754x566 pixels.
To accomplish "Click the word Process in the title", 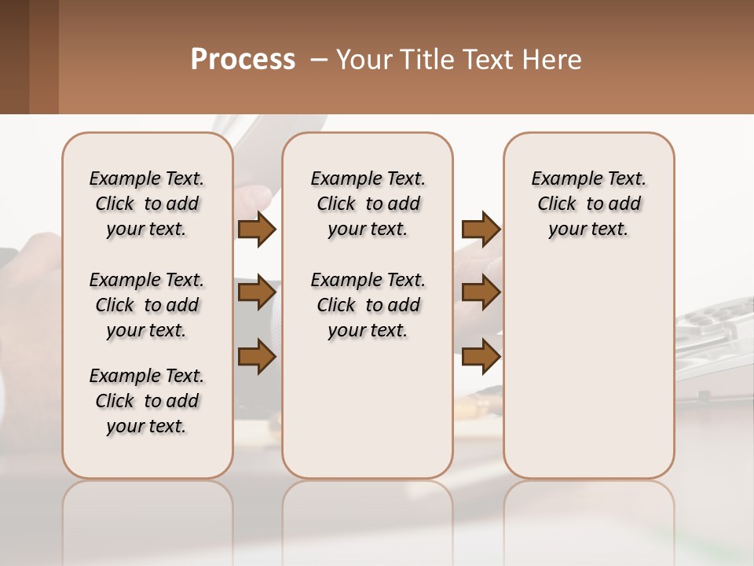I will point(243,59).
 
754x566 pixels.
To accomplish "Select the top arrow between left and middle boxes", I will point(257,230).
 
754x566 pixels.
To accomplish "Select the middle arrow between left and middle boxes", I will point(257,293).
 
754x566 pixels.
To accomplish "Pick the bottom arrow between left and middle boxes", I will point(257,356).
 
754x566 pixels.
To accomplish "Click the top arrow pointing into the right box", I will point(481,230).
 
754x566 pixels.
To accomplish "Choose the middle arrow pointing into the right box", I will point(481,293).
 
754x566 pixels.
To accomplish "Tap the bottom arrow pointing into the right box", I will point(481,356).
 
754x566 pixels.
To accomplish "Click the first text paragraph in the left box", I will point(147,204).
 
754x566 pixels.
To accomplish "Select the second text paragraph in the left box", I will point(147,305).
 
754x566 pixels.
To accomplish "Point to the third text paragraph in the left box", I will point(147,401).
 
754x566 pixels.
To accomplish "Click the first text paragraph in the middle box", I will point(368,204).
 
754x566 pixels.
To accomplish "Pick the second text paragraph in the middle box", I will point(368,305).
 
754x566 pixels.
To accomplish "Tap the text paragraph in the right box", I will point(589,204).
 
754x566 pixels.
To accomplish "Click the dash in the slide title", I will point(319,60).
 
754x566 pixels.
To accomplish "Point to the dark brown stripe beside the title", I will point(14,57).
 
